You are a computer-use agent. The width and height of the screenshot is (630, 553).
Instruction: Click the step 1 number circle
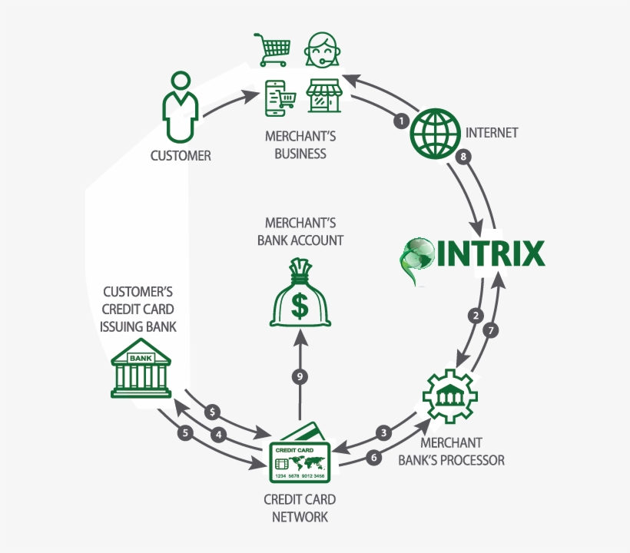(400, 121)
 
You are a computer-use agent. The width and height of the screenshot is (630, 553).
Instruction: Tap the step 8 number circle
(462, 156)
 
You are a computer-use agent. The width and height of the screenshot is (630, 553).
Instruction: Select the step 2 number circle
(476, 315)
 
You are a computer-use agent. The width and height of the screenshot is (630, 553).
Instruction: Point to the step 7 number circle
(492, 331)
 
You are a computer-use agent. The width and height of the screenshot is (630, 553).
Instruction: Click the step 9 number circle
(300, 376)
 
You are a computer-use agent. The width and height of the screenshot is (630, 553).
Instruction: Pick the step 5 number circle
(184, 432)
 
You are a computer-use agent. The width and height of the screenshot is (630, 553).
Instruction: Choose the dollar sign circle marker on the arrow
(213, 412)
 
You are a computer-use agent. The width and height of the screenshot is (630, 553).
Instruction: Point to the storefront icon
(323, 98)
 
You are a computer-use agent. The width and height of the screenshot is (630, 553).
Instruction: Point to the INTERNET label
(492, 132)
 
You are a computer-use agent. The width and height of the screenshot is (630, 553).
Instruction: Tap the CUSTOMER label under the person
(181, 156)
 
